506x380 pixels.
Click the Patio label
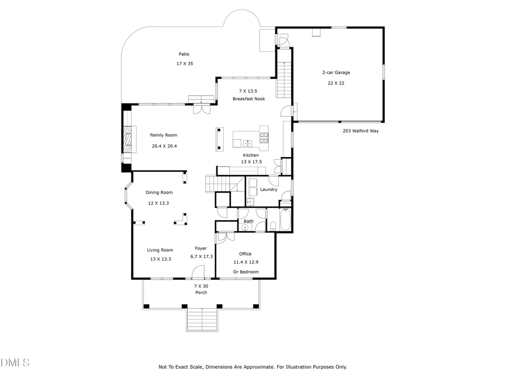184,54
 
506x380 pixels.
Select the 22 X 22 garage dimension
336,83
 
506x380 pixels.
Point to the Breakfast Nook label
249,99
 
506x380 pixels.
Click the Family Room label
163,135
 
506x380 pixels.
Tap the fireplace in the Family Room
129,138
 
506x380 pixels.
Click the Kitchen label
250,155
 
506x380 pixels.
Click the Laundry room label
268,189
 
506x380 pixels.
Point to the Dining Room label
159,193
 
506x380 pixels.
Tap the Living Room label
160,250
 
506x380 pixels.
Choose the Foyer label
201,248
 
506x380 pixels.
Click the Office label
245,254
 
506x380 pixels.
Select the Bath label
248,221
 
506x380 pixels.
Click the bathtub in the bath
284,220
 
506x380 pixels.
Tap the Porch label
201,292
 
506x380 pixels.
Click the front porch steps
201,320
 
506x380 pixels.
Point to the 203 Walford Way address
361,131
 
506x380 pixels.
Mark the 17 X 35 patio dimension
184,64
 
